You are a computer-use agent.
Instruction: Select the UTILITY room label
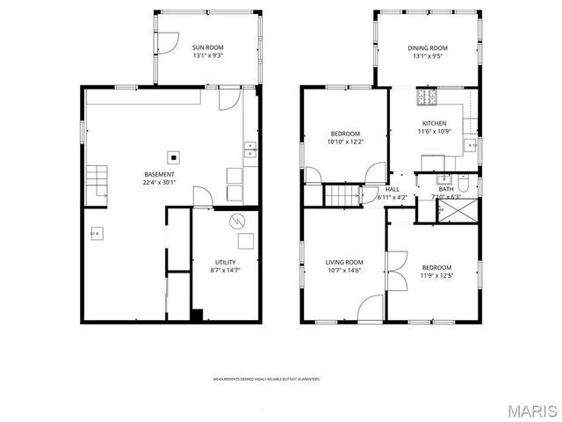pyautogui.click(x=225, y=262)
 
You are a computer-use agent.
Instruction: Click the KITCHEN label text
pyautogui.click(x=434, y=123)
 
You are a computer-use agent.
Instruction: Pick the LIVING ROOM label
pyautogui.click(x=344, y=261)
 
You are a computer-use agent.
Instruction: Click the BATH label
pyautogui.click(x=446, y=189)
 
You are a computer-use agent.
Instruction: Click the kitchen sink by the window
pyautogui.click(x=472, y=146)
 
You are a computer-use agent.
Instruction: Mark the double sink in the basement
pyautogui.click(x=249, y=149)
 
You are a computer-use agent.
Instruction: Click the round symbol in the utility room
pyautogui.click(x=235, y=222)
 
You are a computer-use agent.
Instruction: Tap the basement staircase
pyautogui.click(x=97, y=182)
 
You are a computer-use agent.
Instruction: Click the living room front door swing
pyautogui.click(x=371, y=308)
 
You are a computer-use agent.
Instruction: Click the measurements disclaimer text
pyautogui.click(x=266, y=379)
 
